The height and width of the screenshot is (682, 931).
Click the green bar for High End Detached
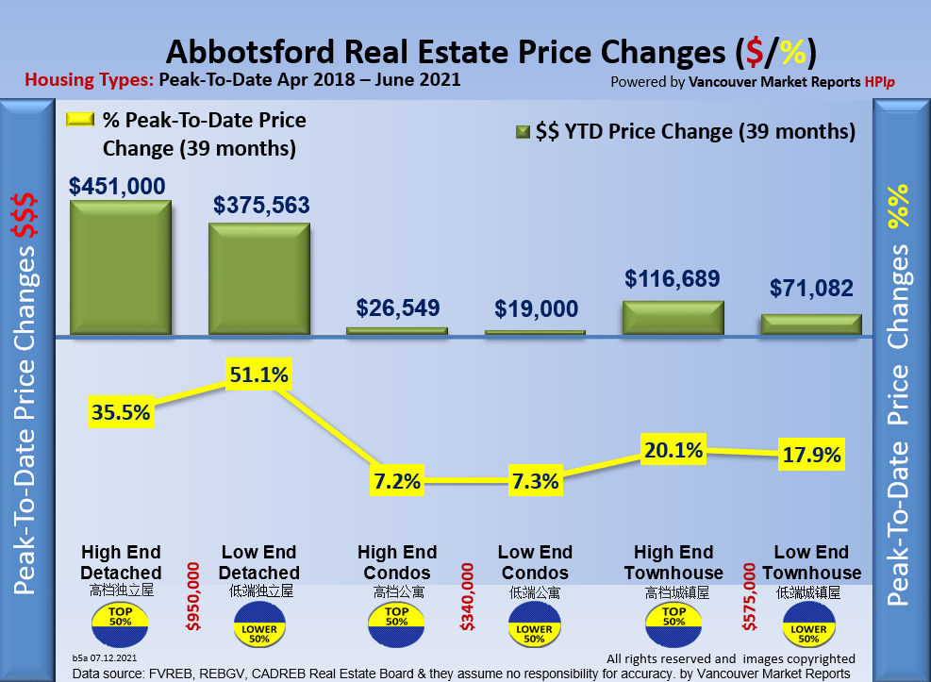120,268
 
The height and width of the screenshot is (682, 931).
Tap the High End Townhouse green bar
673,318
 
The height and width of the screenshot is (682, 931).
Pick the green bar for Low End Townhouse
811,324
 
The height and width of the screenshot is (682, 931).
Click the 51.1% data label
258,374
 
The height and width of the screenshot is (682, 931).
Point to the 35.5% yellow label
121,411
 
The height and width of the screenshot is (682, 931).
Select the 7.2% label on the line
397,482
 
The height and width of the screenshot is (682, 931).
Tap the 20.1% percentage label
673,450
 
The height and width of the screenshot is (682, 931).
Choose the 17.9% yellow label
811,456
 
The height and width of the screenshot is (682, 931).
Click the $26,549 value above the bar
397,308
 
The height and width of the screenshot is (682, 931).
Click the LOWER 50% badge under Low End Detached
258,629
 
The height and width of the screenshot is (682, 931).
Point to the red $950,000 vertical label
192,596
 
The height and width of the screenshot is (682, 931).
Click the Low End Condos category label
535,562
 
